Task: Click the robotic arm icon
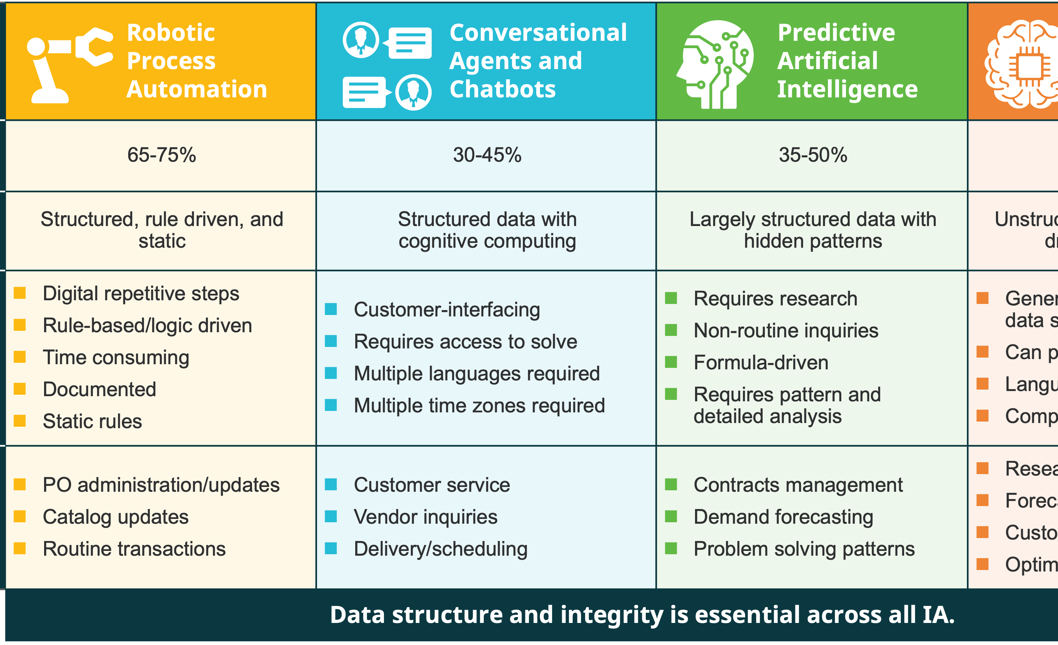click(69, 64)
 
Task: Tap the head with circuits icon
click(715, 64)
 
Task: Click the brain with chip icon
click(1026, 64)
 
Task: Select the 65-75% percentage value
click(161, 155)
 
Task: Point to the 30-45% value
click(487, 155)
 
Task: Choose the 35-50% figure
click(813, 155)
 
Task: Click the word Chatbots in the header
click(503, 89)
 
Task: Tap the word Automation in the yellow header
click(197, 89)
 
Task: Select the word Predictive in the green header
click(836, 33)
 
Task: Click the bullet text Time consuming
click(116, 357)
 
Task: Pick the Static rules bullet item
click(92, 421)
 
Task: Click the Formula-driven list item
click(761, 363)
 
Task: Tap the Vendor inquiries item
click(425, 517)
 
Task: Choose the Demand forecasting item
click(783, 517)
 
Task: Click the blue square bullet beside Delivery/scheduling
click(331, 548)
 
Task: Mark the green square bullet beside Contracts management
click(671, 484)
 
